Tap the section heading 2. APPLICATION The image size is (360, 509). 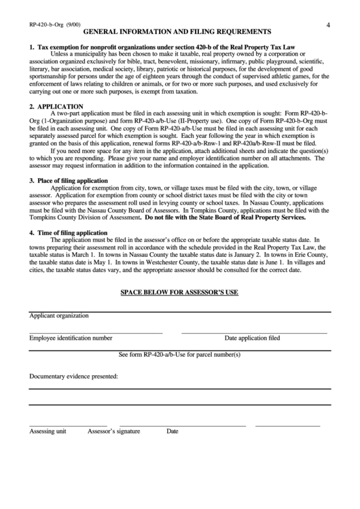coord(56,107)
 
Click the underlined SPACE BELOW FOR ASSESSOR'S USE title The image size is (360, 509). coord(179,293)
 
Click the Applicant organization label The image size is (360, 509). coord(59,316)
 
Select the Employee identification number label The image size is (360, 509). coord(71,338)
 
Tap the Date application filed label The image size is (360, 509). coord(252,338)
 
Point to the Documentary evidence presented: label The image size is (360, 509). coord(73,376)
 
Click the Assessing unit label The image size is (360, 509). coord(47,431)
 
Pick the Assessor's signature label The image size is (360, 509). coord(113,431)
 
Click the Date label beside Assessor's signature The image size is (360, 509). coord(173,431)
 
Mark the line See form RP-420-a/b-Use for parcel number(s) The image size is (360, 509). coord(180,355)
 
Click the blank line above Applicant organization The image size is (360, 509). coord(180,311)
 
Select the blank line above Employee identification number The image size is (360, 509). coord(96,333)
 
